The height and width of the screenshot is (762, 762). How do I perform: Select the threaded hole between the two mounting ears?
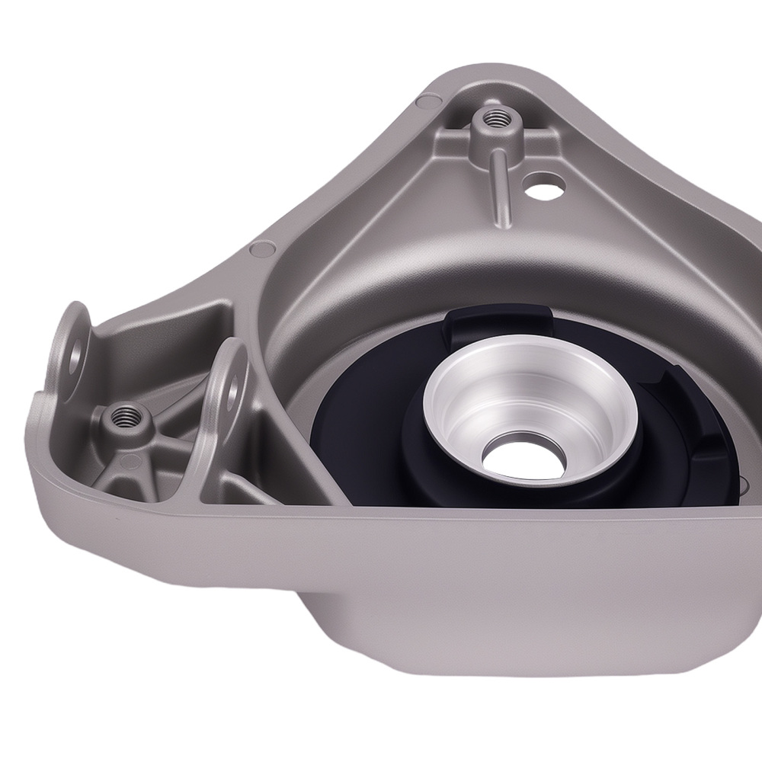click(x=124, y=416)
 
